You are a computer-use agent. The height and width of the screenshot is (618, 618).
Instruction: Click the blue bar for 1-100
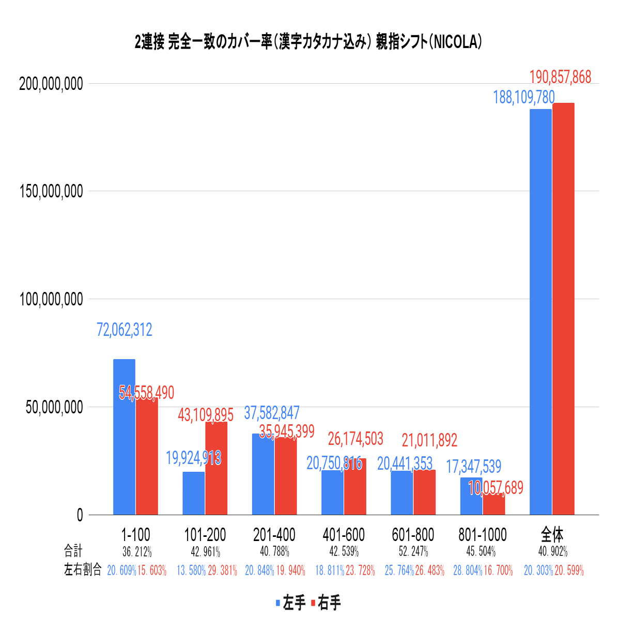[124, 437]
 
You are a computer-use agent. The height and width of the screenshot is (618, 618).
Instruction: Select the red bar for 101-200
[216, 468]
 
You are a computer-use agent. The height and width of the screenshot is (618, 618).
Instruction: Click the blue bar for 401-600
[332, 492]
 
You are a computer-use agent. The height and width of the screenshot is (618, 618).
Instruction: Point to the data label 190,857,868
[560, 78]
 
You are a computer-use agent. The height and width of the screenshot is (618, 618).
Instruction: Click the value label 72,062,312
[125, 330]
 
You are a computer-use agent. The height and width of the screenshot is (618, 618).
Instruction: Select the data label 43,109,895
[206, 414]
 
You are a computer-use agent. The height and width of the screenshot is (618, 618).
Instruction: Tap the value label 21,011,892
[429, 440]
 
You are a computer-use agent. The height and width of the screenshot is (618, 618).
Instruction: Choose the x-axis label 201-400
[274, 534]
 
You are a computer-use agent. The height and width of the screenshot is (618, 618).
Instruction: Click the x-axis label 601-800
[413, 534]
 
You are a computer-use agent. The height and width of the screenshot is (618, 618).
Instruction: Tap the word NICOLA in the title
[455, 42]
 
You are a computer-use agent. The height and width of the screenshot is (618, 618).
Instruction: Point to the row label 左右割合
[83, 570]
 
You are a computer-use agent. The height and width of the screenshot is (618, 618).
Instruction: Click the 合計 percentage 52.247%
[413, 551]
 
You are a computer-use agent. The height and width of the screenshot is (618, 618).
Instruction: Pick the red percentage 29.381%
[222, 570]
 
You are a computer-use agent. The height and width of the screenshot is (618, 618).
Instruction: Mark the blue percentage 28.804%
[468, 570]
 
